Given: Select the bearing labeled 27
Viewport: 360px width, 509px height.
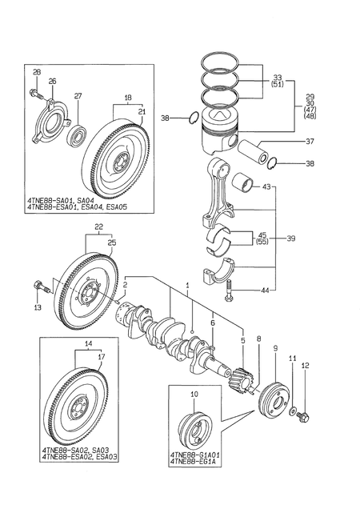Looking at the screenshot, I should click(x=80, y=130).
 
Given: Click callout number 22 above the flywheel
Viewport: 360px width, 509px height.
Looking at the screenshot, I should click(x=99, y=228).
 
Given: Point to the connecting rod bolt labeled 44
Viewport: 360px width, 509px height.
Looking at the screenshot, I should click(x=228, y=294).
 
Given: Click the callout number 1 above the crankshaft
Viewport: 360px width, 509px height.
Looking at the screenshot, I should click(x=187, y=286).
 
